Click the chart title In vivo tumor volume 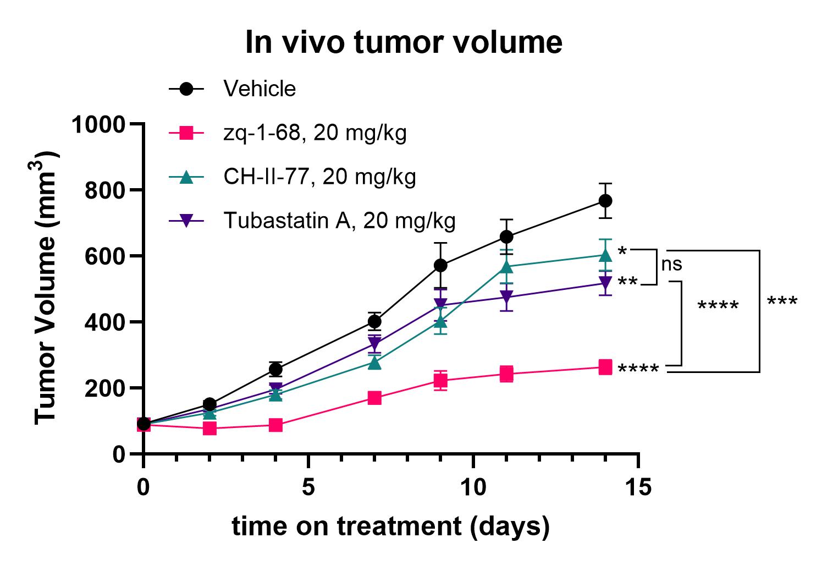point(404,42)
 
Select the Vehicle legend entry point(260,89)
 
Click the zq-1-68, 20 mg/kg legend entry point(315,133)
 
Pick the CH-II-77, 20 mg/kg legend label point(319,177)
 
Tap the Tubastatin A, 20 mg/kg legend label point(339,221)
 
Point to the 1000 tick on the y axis point(98,124)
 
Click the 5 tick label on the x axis point(308,487)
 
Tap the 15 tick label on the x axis point(638,487)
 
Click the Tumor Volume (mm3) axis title point(46,288)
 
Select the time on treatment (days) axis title point(390,526)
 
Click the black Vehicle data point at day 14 point(605,201)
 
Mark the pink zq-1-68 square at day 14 point(605,367)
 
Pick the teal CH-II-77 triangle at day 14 point(605,255)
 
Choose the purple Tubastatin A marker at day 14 point(605,283)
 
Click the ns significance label point(671,265)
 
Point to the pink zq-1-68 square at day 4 point(275,425)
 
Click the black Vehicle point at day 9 point(440,265)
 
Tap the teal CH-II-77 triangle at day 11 point(506,267)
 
